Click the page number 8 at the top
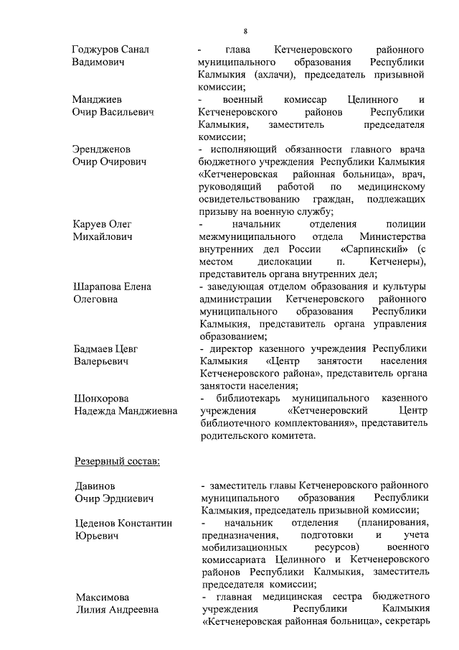click(x=245, y=31)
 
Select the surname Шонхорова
click(x=103, y=399)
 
